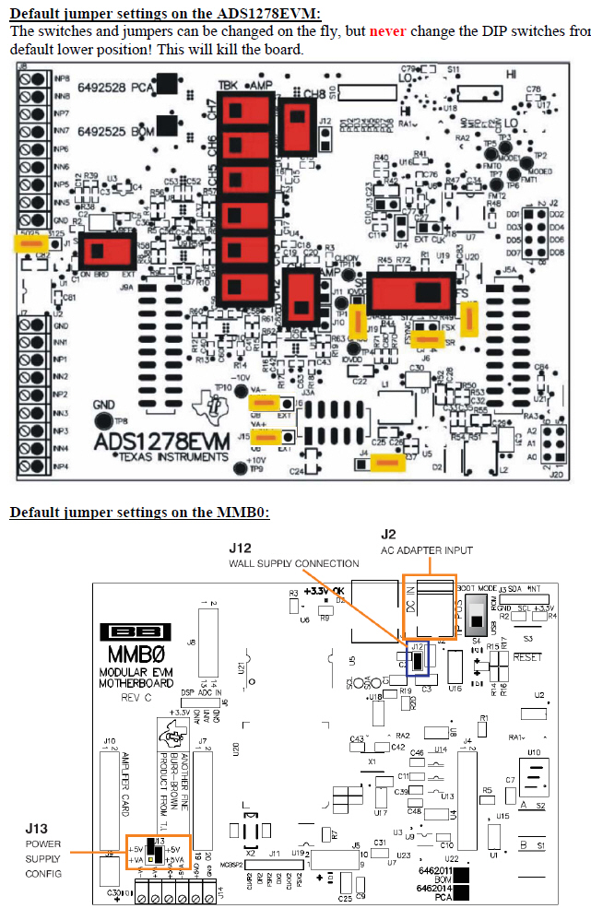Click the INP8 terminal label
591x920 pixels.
point(61,79)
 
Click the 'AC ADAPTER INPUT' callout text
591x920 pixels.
point(427,550)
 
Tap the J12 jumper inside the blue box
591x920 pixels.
point(417,658)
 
